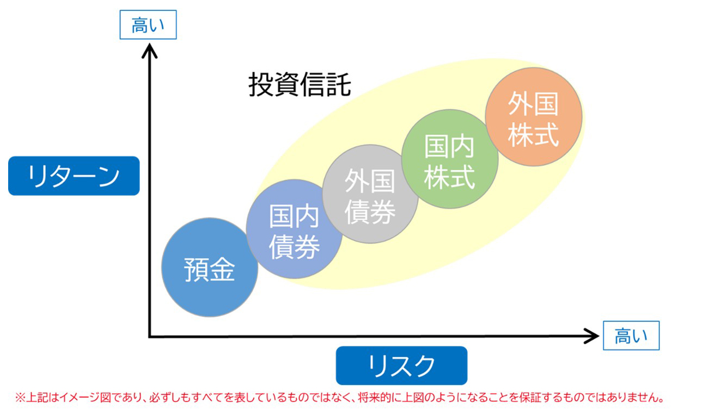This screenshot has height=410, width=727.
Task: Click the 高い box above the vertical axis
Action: point(148,26)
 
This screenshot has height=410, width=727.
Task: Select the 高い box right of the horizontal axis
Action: point(631,336)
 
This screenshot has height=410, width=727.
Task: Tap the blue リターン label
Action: point(74,176)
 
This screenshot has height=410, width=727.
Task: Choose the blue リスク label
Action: point(401,365)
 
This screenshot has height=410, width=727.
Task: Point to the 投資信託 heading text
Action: point(300,85)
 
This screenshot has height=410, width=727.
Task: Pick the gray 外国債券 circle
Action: point(370,195)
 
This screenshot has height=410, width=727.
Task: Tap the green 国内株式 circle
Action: point(450,160)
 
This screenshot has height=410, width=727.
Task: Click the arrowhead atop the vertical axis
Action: point(149,51)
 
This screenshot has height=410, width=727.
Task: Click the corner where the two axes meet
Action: point(149,337)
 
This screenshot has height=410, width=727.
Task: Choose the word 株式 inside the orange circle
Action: point(534,134)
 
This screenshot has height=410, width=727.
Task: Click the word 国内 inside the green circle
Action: point(450,145)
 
